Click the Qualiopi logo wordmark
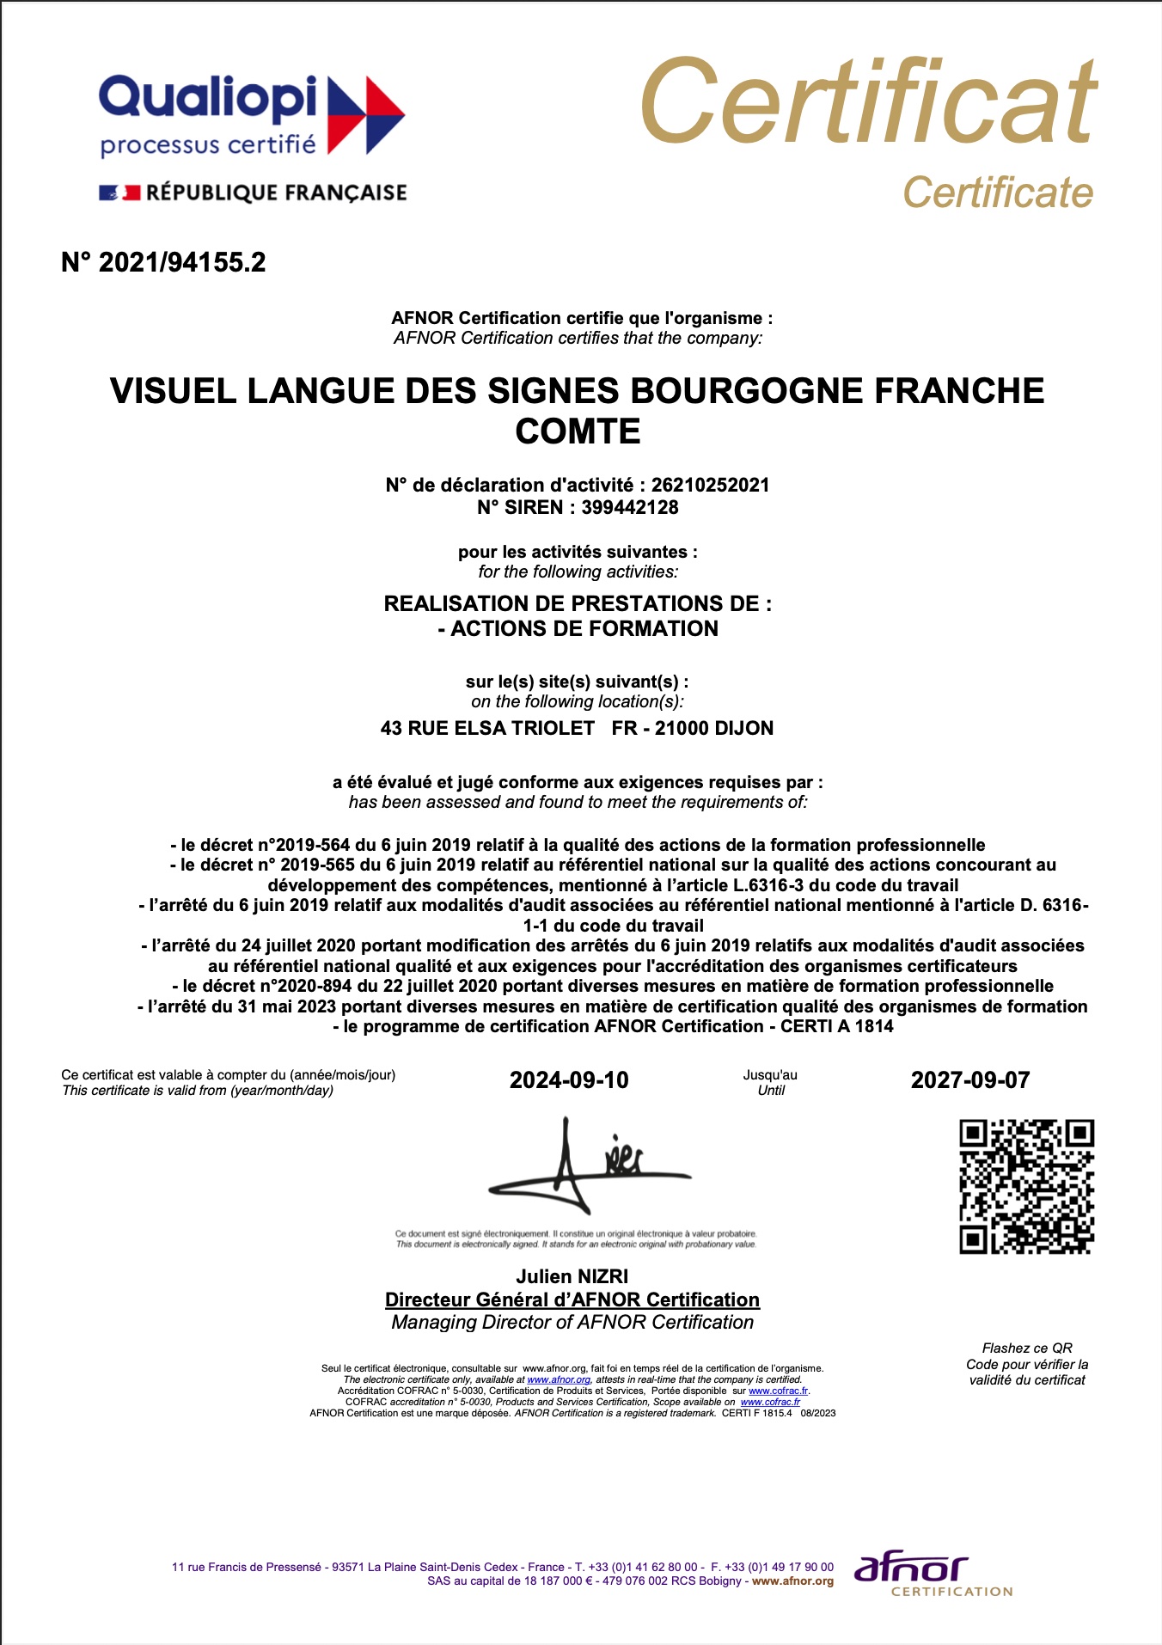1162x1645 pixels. point(208,97)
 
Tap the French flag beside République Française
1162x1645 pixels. point(119,193)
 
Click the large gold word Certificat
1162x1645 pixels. point(868,103)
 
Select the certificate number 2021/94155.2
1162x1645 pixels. point(182,262)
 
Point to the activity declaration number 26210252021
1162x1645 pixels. point(710,485)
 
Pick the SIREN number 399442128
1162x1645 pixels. point(630,507)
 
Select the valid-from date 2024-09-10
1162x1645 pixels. point(569,1080)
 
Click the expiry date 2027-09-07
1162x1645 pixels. point(970,1080)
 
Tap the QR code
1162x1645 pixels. point(1026,1186)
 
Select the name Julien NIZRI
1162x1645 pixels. point(572,1276)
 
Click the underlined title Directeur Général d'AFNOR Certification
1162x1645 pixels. point(572,1299)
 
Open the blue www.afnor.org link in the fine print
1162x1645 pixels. point(559,1379)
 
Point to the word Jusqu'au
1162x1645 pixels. point(770,1075)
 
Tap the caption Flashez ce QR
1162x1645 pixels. point(1027,1348)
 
